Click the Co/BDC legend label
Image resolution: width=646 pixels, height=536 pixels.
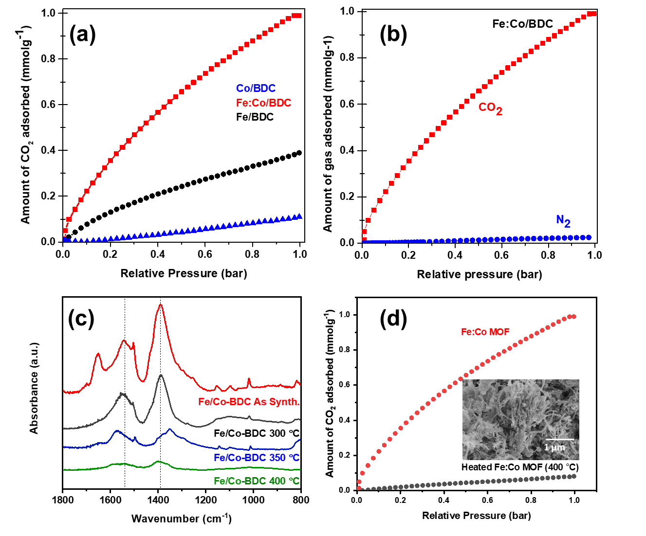pyautogui.click(x=256, y=89)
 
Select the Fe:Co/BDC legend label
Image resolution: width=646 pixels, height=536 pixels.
pyautogui.click(x=263, y=103)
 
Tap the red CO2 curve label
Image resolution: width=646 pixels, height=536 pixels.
pyautogui.click(x=490, y=108)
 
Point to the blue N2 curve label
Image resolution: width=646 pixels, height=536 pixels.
pyautogui.click(x=563, y=221)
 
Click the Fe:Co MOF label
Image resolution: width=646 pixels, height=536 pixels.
pyautogui.click(x=485, y=332)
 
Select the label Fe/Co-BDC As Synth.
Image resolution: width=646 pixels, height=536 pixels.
pyautogui.click(x=249, y=402)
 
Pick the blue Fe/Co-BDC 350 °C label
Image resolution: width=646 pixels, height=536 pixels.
pyautogui.click(x=257, y=458)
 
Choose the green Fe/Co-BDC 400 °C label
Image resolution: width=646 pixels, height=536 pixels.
pyautogui.click(x=257, y=481)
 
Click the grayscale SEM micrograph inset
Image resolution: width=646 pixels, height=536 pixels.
pyautogui.click(x=520, y=419)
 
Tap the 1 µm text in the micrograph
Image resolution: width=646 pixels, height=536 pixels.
pyautogui.click(x=554, y=447)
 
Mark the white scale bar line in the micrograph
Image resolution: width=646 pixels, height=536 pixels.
pyautogui.click(x=559, y=440)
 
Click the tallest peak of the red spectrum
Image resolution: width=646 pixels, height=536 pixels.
pyautogui.click(x=161, y=305)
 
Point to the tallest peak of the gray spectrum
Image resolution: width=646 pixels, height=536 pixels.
pyautogui.click(x=161, y=375)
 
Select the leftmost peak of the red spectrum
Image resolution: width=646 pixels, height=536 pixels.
pyautogui.click(x=98, y=354)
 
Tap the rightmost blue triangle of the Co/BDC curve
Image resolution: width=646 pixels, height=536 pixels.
pyautogui.click(x=299, y=216)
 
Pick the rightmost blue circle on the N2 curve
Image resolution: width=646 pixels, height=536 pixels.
pyautogui.click(x=589, y=237)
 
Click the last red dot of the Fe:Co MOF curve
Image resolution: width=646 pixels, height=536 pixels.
pyautogui.click(x=574, y=317)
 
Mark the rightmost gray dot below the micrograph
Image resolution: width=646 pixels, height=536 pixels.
pyautogui.click(x=574, y=476)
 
